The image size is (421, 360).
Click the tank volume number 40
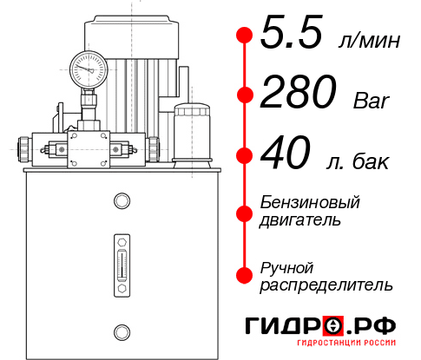[285, 156]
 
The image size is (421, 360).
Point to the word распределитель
[326, 284]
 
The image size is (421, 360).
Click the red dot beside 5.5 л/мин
[245, 35]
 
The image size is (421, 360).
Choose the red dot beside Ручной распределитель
[245, 275]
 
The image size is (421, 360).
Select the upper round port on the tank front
[120, 201]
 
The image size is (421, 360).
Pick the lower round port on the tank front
[120, 330]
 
